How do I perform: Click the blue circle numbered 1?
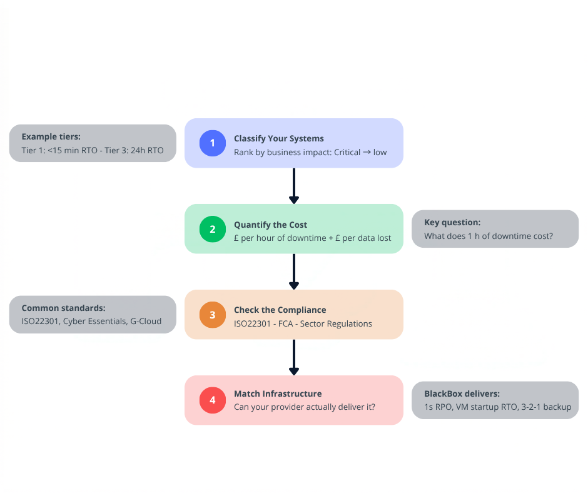(x=212, y=143)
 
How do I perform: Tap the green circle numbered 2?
(x=212, y=229)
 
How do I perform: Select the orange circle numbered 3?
(x=212, y=315)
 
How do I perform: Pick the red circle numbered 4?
(x=212, y=400)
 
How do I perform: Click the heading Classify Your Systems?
(x=279, y=138)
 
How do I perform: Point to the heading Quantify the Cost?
(x=271, y=225)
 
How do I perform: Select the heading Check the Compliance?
(x=280, y=310)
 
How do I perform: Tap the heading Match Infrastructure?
(x=278, y=394)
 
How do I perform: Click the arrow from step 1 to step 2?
(x=294, y=186)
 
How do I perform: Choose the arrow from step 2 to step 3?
(x=294, y=272)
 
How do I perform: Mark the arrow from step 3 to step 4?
(x=294, y=357)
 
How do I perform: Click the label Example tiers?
(x=51, y=136)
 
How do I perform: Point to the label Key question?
(x=452, y=222)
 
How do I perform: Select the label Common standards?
(x=63, y=308)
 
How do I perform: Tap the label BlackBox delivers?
(x=462, y=394)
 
